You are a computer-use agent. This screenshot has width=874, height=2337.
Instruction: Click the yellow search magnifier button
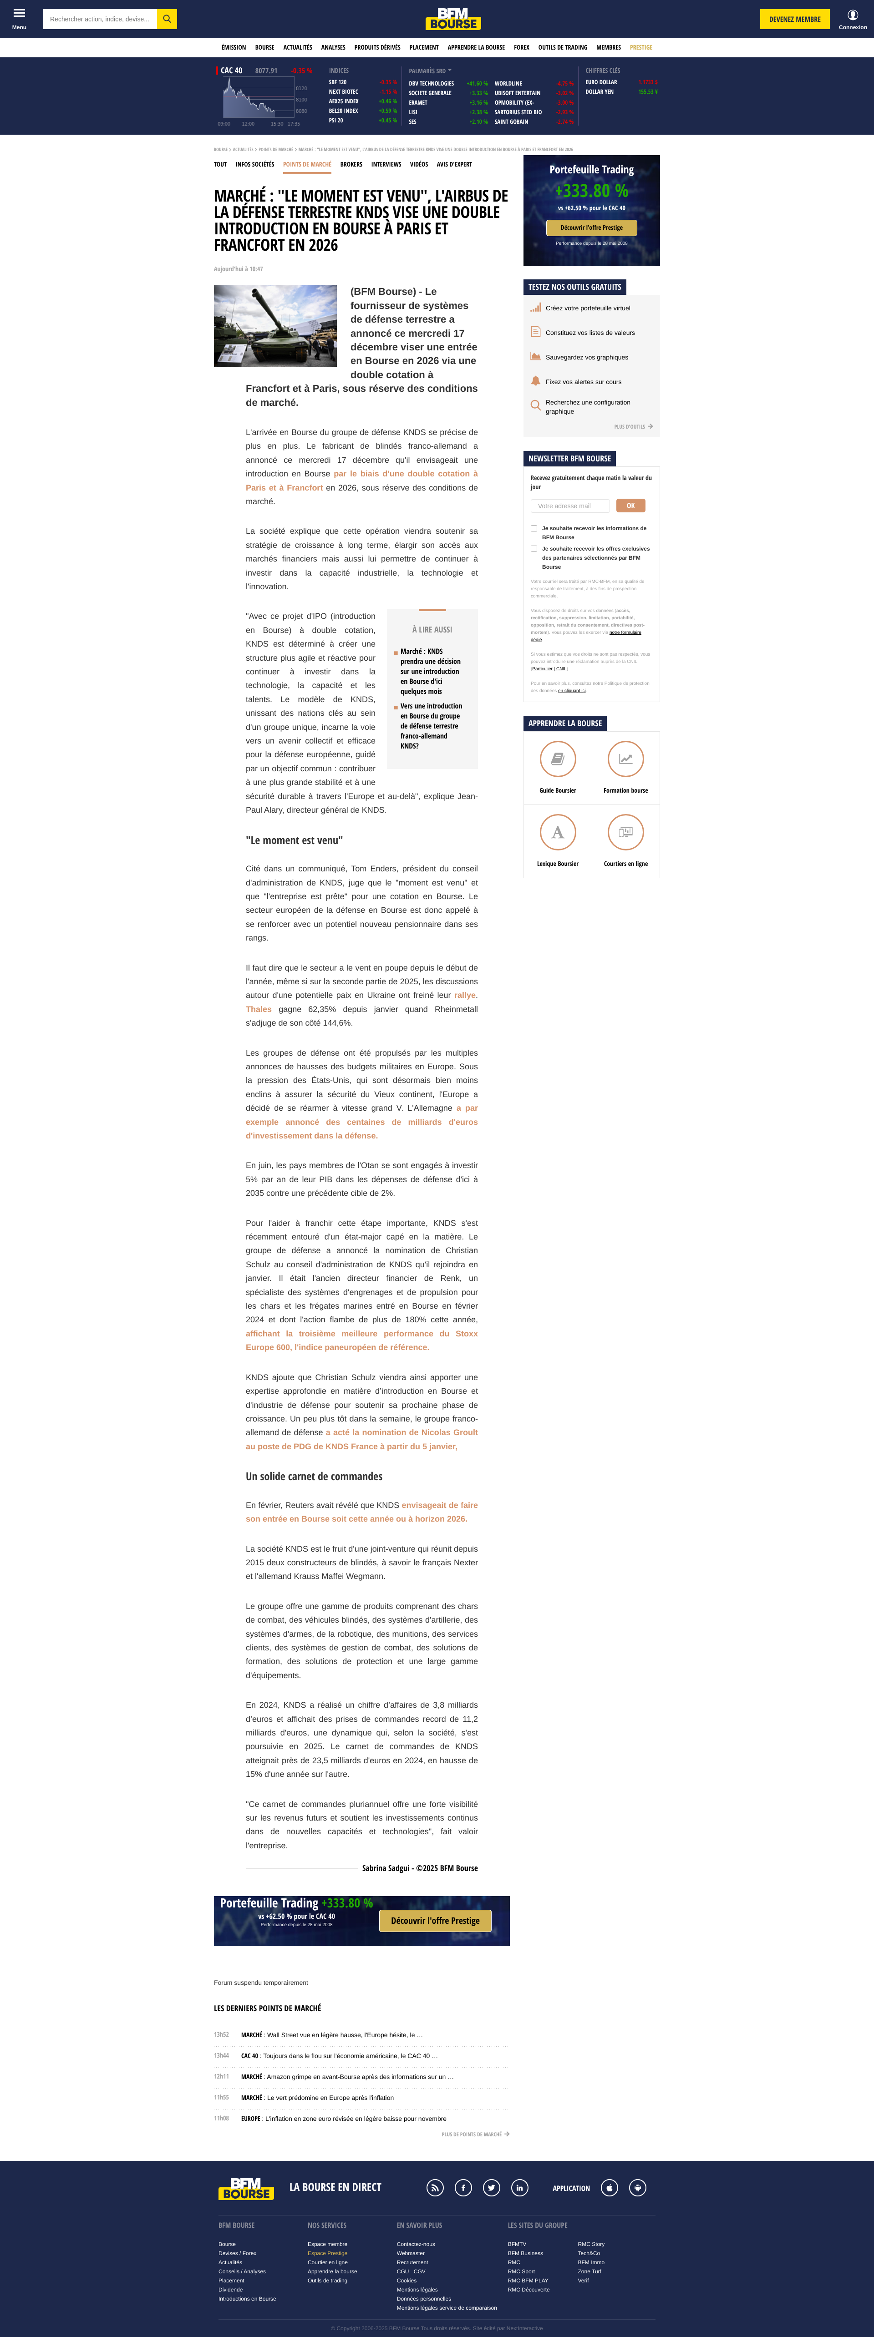coord(167,19)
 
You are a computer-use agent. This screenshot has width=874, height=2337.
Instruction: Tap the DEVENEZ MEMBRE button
coord(794,19)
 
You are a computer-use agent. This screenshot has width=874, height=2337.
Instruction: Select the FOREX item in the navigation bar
coord(521,47)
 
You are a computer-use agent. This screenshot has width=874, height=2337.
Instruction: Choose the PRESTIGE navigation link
coord(641,47)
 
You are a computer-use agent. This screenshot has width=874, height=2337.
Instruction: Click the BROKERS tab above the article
coord(351,164)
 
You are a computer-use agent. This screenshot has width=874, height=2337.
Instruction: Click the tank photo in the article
coord(275,326)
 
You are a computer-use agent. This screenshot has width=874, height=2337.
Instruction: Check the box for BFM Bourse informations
coord(534,528)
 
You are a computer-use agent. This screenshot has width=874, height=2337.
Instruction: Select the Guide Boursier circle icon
coord(557,759)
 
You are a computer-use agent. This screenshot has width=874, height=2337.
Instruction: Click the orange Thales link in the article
coord(259,1009)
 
